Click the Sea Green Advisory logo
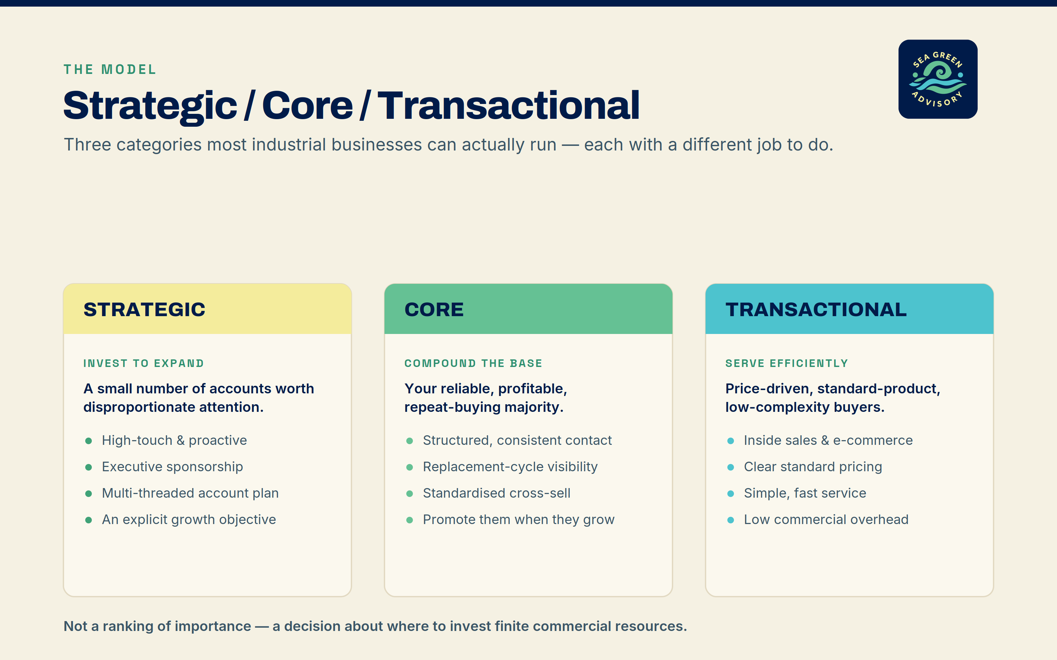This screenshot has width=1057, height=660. tap(938, 79)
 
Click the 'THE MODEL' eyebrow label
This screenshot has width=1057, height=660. tap(110, 69)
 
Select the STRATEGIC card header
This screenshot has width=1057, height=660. tap(207, 309)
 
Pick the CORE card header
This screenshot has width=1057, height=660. tap(528, 309)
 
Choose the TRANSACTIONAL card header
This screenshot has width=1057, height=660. tap(850, 309)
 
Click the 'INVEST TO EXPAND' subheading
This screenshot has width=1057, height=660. tap(144, 363)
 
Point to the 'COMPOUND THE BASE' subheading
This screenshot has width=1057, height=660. tap(473, 363)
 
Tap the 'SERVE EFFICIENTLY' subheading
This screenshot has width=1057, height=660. tap(786, 363)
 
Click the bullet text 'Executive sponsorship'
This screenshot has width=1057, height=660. tap(172, 467)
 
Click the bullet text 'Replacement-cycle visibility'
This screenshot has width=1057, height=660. tap(510, 467)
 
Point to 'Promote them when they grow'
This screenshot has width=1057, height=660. tap(519, 519)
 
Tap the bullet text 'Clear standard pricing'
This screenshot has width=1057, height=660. tap(813, 467)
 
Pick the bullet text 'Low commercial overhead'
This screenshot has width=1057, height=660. tap(826, 519)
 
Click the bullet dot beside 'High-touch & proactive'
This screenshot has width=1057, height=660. tap(89, 441)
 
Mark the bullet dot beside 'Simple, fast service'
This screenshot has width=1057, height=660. tap(731, 494)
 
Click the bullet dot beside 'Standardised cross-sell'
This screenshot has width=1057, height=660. tap(410, 494)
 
